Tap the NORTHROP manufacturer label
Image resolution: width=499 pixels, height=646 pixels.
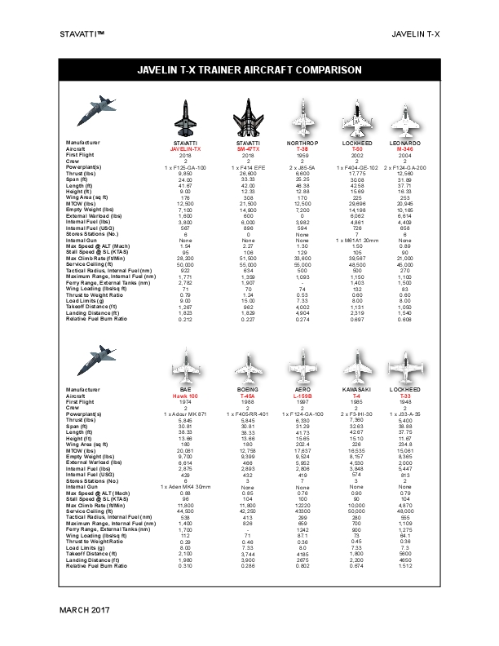[x=301, y=144]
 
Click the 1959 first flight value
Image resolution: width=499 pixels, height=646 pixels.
[x=301, y=155]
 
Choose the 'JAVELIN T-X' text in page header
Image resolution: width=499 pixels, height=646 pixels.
[x=416, y=35]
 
